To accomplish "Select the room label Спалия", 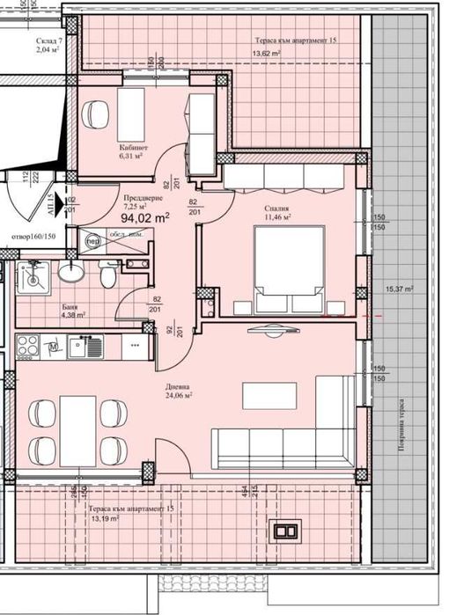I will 276,209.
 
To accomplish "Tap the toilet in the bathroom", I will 107,278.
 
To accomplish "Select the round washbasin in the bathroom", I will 70,274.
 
